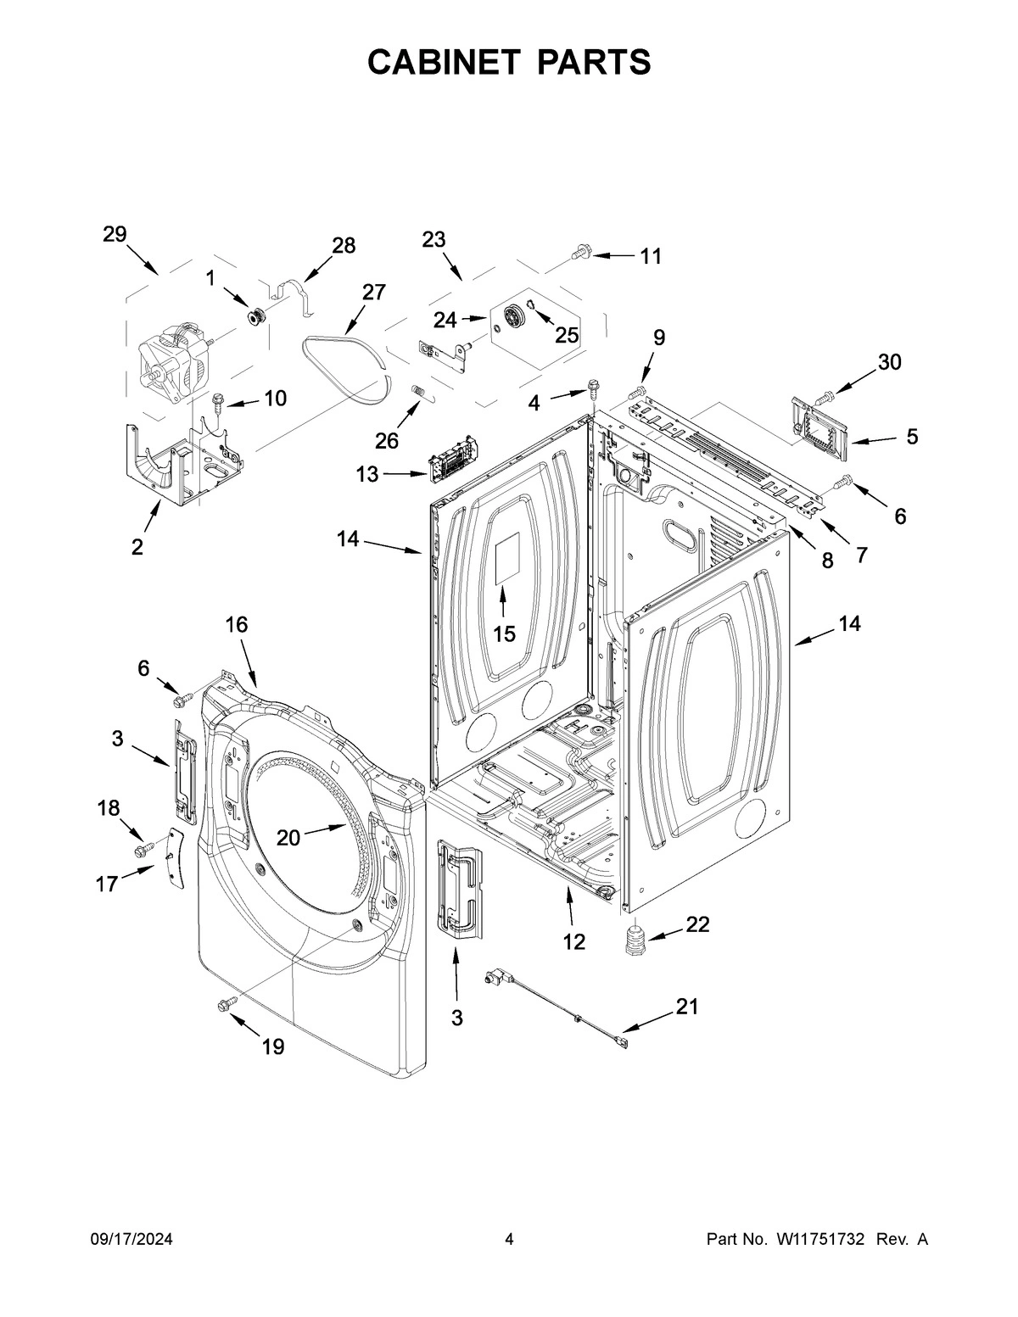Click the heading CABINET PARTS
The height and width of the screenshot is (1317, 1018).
pos(509,62)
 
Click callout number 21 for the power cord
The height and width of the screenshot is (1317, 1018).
pos(686,1007)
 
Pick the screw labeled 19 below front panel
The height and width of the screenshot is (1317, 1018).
pos(226,1005)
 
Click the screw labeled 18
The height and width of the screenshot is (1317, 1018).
pos(141,847)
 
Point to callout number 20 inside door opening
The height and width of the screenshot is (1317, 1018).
pos(288,838)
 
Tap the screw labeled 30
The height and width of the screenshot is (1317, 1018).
pos(825,395)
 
